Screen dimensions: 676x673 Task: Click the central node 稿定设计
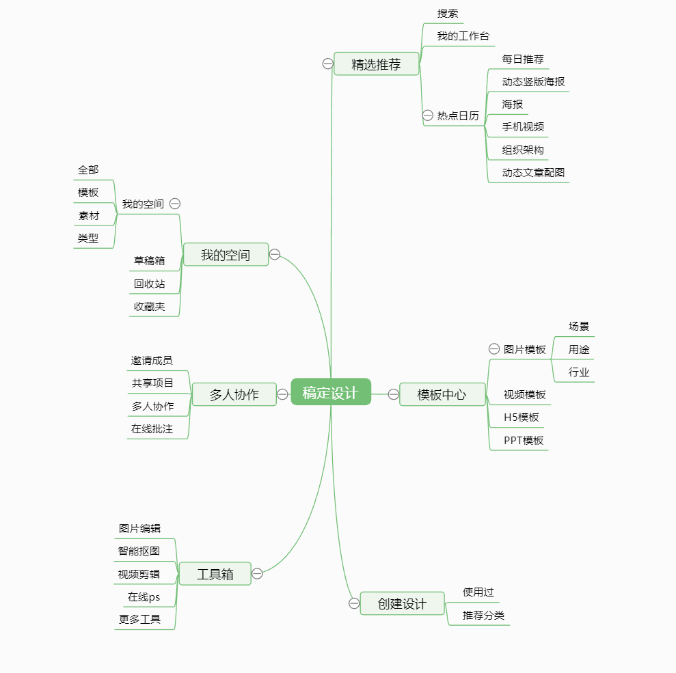click(331, 392)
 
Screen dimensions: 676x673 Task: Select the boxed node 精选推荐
click(377, 64)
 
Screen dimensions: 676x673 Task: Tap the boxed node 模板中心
click(442, 394)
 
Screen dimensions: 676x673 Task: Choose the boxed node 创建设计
click(402, 603)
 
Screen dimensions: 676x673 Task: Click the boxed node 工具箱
click(215, 573)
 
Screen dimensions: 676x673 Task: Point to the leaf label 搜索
click(448, 14)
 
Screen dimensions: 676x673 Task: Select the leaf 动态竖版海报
click(533, 81)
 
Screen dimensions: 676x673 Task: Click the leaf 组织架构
click(522, 150)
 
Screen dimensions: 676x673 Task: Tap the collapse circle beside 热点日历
click(428, 115)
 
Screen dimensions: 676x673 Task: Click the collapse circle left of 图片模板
click(494, 348)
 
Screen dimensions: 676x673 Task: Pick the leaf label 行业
click(578, 372)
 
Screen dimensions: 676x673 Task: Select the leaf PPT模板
click(524, 440)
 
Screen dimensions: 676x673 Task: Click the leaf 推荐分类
click(483, 615)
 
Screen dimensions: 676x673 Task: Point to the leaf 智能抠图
click(139, 551)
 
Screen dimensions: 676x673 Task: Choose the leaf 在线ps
click(144, 596)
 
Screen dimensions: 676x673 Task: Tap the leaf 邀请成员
click(152, 360)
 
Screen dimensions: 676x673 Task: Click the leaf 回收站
click(149, 284)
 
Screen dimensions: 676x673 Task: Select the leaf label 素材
click(89, 215)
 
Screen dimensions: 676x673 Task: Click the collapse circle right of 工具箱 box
click(257, 573)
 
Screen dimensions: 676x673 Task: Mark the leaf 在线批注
click(152, 428)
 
